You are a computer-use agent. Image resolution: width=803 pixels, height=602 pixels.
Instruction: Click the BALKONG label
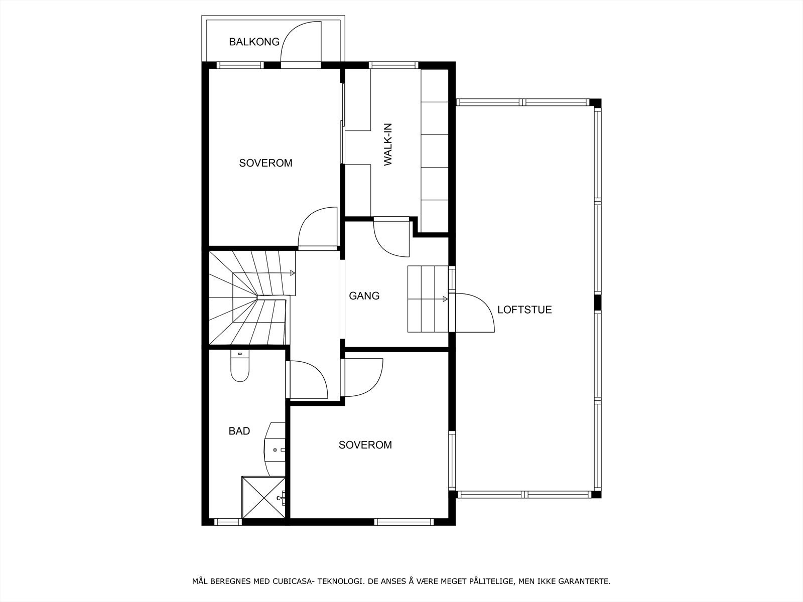pyautogui.click(x=254, y=42)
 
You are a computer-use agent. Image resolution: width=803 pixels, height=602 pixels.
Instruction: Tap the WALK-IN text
pyautogui.click(x=388, y=144)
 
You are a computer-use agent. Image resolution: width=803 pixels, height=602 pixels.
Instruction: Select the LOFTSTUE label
pyautogui.click(x=524, y=310)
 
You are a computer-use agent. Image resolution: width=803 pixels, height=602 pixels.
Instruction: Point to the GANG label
pyautogui.click(x=364, y=295)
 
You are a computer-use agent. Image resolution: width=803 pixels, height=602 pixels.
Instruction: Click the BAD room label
pyautogui.click(x=239, y=431)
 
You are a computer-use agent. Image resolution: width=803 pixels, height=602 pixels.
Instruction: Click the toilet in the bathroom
pyautogui.click(x=240, y=366)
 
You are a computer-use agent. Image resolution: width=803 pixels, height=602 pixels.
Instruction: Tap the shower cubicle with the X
pyautogui.click(x=263, y=497)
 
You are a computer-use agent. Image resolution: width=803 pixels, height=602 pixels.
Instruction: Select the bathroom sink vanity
pyautogui.click(x=275, y=449)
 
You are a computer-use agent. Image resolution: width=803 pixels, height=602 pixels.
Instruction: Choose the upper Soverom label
pyautogui.click(x=265, y=163)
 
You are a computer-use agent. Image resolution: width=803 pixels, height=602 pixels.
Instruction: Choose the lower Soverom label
pyautogui.click(x=365, y=445)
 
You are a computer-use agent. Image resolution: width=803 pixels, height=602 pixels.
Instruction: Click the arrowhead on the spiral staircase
pyautogui.click(x=292, y=273)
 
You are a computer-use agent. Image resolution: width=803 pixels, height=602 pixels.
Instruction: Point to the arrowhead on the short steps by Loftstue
pyautogui.click(x=445, y=299)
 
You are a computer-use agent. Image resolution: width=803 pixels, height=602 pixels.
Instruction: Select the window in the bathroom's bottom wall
pyautogui.click(x=227, y=522)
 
